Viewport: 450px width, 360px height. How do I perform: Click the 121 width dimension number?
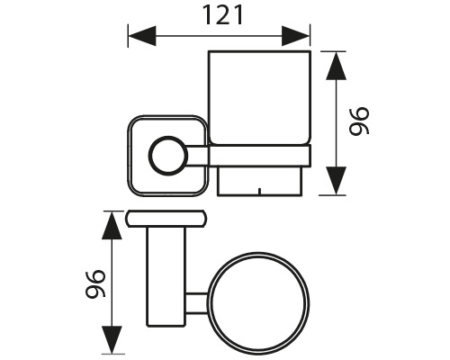click(x=222, y=15)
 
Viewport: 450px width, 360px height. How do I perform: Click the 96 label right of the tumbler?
click(x=359, y=121)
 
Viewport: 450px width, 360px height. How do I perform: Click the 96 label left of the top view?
click(x=95, y=284)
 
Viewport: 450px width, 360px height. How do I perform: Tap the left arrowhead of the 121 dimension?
click(x=142, y=36)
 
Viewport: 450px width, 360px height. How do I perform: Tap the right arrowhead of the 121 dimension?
click(x=295, y=36)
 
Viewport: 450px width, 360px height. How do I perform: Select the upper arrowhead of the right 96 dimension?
click(x=336, y=66)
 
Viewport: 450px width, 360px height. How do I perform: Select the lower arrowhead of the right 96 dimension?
click(x=336, y=181)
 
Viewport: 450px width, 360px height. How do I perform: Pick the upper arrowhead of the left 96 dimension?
click(x=112, y=226)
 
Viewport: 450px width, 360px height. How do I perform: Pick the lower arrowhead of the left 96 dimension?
click(x=112, y=339)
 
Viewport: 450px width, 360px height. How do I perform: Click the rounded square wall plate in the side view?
click(x=129, y=156)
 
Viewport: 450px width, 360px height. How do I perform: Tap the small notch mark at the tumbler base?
click(x=260, y=191)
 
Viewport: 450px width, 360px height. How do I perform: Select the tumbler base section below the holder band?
click(x=259, y=181)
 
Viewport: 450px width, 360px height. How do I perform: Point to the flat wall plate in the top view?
click(x=166, y=219)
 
